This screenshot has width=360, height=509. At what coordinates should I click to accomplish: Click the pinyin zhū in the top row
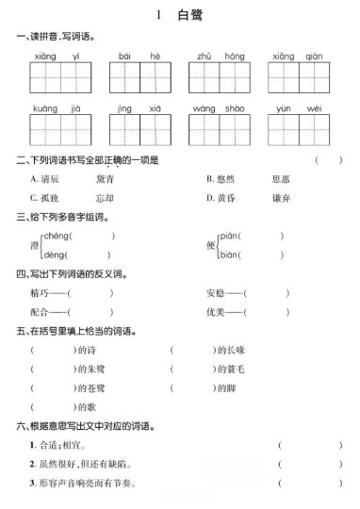[204, 58]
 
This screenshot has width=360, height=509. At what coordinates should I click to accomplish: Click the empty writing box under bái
[127, 78]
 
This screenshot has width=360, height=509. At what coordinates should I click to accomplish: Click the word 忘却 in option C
[104, 198]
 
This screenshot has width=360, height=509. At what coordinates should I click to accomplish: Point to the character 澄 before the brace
[34, 245]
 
